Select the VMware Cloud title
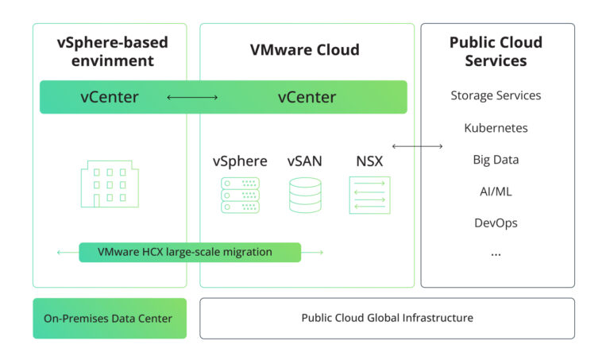pyautogui.click(x=305, y=50)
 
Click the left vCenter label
pyautogui.click(x=110, y=97)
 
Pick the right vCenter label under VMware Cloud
pyautogui.click(x=307, y=97)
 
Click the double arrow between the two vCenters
pyautogui.click(x=192, y=98)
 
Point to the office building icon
pyautogui.click(x=110, y=184)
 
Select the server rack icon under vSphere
pyautogui.click(x=240, y=195)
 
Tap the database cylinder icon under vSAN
pyautogui.click(x=305, y=195)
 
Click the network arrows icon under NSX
pyautogui.click(x=369, y=195)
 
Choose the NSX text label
pyautogui.click(x=369, y=161)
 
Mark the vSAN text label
pyautogui.click(x=305, y=161)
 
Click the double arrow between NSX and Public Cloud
pyautogui.click(x=417, y=146)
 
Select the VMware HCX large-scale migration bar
pyautogui.click(x=190, y=252)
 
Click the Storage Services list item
pyautogui.click(x=496, y=95)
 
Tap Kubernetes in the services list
pyautogui.click(x=496, y=127)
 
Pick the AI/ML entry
pyautogui.click(x=496, y=191)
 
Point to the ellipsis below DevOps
pyautogui.click(x=496, y=254)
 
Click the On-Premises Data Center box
pyautogui.click(x=110, y=318)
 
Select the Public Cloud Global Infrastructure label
pyautogui.click(x=387, y=318)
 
